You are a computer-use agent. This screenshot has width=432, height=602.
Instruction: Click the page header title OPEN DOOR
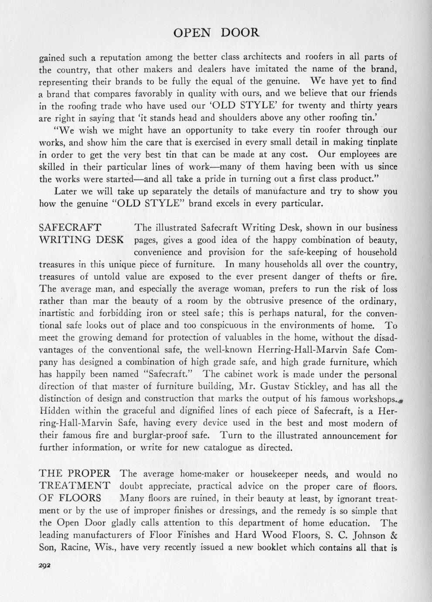(x=216, y=33)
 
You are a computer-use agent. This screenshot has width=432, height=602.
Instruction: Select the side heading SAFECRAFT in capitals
(x=70, y=227)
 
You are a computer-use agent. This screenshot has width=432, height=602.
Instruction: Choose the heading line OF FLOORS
(x=70, y=498)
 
